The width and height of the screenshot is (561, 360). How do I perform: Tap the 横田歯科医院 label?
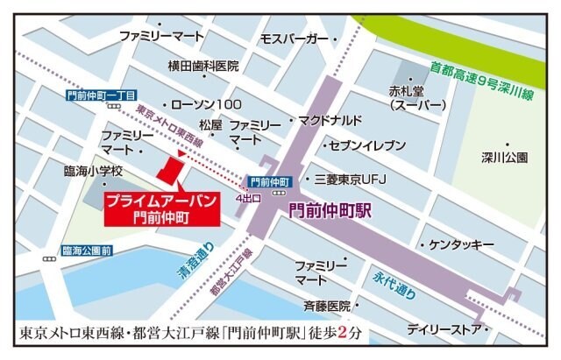(204, 67)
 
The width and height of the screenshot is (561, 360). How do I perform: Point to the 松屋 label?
(211, 125)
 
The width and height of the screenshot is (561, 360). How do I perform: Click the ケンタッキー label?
(463, 244)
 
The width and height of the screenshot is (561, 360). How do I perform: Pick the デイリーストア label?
(444, 329)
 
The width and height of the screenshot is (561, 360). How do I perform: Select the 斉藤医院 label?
(326, 306)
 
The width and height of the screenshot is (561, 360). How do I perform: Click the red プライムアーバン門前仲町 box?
(160, 207)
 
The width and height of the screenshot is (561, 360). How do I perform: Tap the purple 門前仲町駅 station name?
(330, 211)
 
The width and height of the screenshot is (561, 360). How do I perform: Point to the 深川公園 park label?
(504, 159)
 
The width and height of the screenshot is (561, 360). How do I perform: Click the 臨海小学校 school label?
(93, 171)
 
